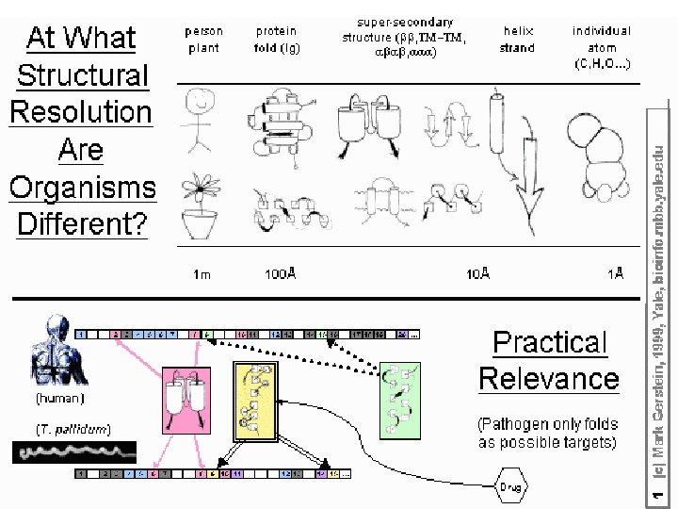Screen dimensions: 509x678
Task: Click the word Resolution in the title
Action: pyautogui.click(x=80, y=112)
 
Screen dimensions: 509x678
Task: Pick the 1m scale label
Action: pyautogui.click(x=202, y=275)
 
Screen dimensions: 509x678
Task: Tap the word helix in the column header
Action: pyautogui.click(x=517, y=31)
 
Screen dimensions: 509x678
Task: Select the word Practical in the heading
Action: pyautogui.click(x=551, y=342)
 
